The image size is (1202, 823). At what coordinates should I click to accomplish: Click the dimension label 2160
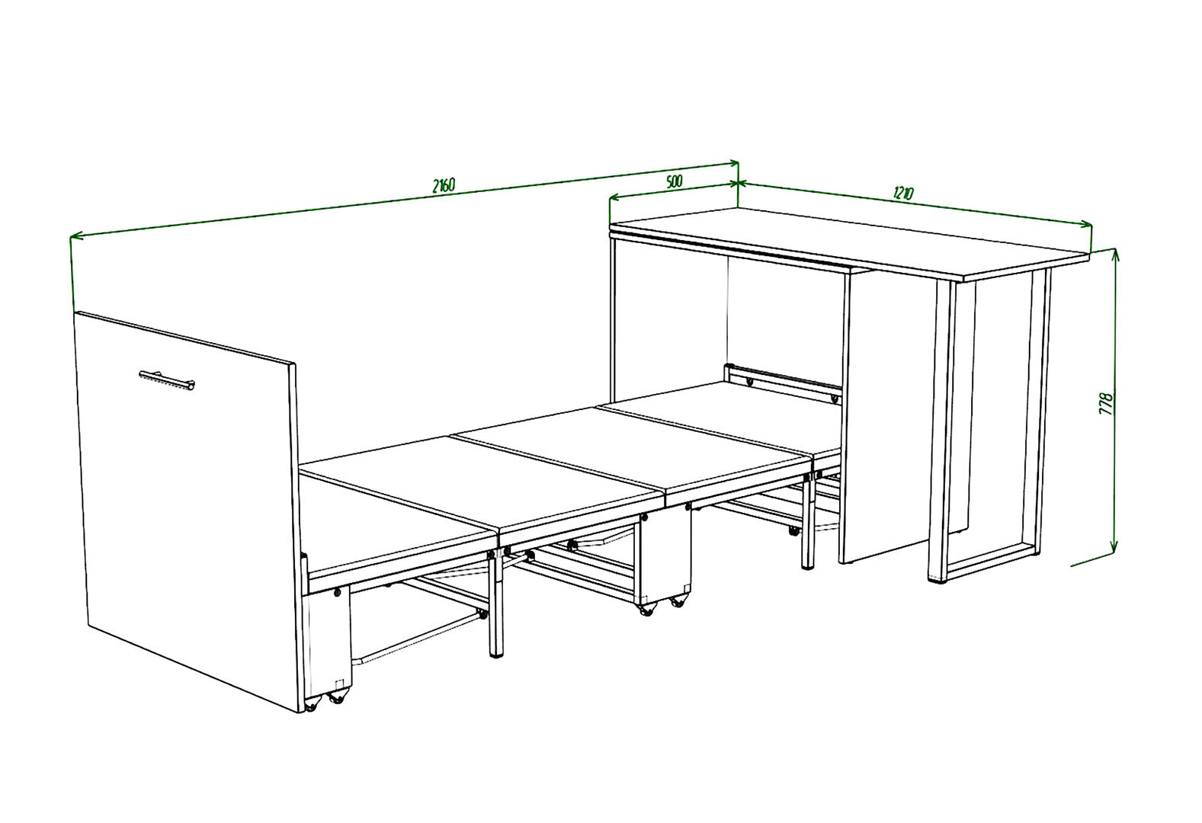444,185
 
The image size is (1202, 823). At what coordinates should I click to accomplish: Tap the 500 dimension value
674,181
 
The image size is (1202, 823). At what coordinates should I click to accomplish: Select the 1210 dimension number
903,193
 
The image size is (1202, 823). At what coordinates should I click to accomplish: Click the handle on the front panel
166,379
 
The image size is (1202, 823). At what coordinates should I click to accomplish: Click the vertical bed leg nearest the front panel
496,607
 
